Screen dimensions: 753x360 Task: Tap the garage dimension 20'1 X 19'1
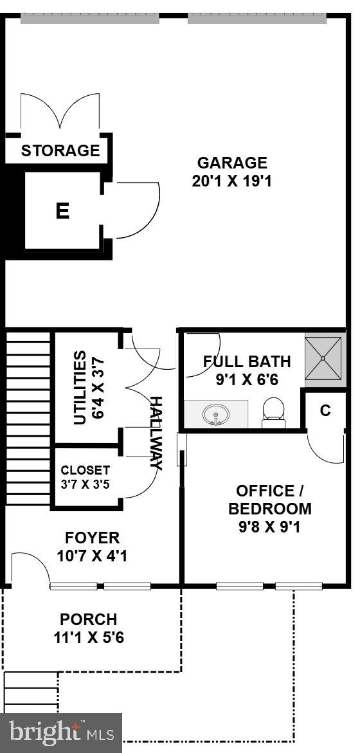coord(231,181)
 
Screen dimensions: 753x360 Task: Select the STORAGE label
coord(60,151)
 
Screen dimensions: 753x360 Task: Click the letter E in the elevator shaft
coord(62,211)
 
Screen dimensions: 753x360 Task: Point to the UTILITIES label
coord(79,387)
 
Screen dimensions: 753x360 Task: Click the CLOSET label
coord(85,471)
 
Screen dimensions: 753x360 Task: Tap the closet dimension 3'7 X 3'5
coord(85,484)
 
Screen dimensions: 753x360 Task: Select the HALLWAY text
coord(156,433)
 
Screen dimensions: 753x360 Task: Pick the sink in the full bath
coord(215,415)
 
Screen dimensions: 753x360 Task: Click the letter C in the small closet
coord(325,410)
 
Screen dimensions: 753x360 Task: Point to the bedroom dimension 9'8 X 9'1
coord(270,527)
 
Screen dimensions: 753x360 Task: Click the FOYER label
coord(93,538)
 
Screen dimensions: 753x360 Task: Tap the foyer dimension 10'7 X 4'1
coord(93,556)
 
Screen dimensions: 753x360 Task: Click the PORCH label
coord(89,620)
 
